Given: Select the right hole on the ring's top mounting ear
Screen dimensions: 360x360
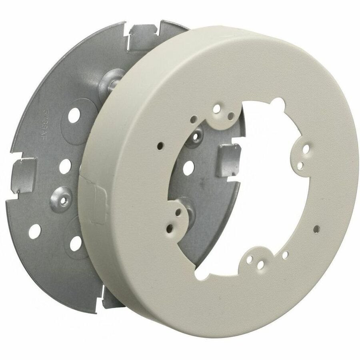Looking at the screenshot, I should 231,116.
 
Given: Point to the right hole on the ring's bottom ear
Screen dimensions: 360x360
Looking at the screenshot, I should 261,264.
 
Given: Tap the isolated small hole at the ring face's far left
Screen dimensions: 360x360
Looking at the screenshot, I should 160,145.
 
